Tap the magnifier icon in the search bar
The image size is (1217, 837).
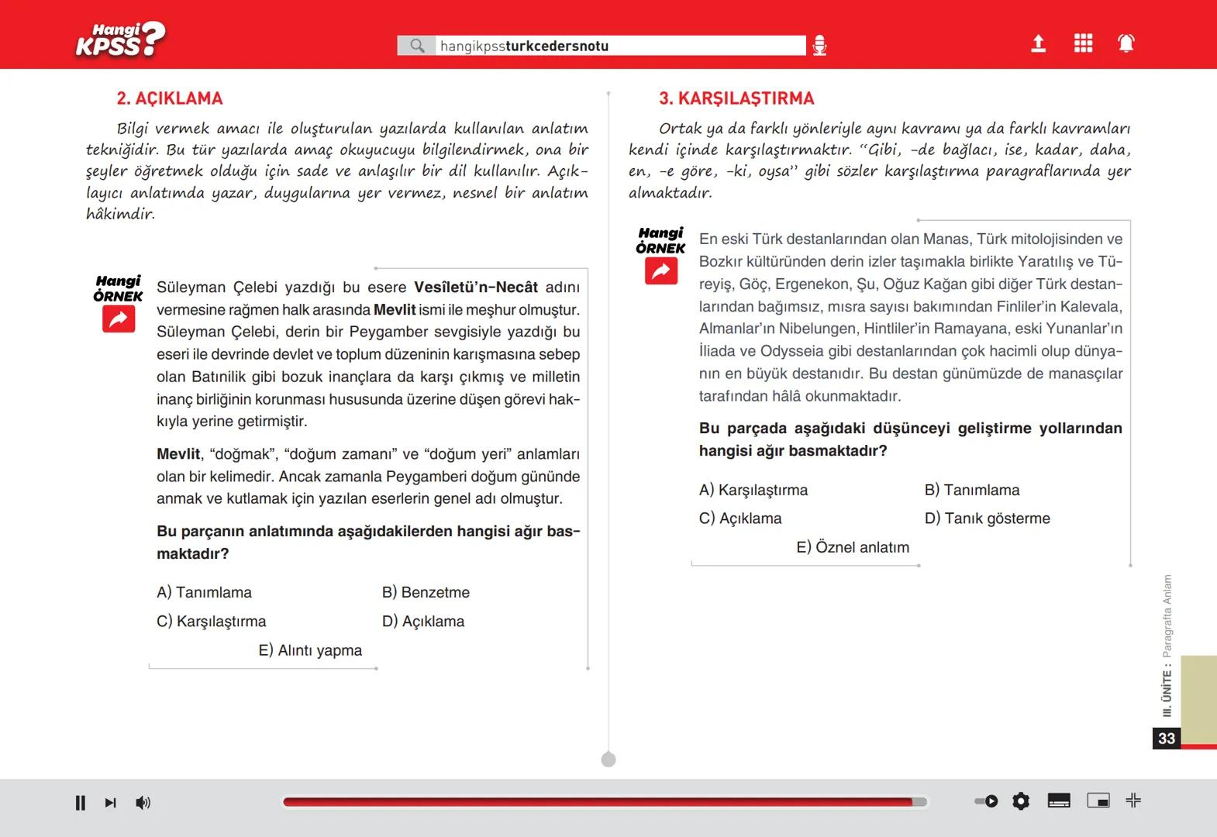point(417,46)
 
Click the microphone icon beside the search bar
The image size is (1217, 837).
point(819,46)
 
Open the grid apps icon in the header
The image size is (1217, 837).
point(1083,43)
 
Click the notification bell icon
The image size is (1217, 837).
point(1126,43)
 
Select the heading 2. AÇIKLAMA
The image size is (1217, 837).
point(170,98)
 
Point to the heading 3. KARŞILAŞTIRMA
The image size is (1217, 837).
point(736,98)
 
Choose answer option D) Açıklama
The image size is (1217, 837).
point(423,622)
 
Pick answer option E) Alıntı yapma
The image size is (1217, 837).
point(310,650)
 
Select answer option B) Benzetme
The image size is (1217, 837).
point(426,592)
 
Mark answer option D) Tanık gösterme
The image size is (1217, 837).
point(987,518)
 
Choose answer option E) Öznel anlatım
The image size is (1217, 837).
point(853,547)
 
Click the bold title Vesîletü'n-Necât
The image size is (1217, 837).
point(475,288)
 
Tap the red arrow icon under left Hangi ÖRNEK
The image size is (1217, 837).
point(119,319)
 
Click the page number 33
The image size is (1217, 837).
point(1167,739)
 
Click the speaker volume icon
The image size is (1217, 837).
point(143,803)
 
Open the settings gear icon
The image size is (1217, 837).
point(1021,801)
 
